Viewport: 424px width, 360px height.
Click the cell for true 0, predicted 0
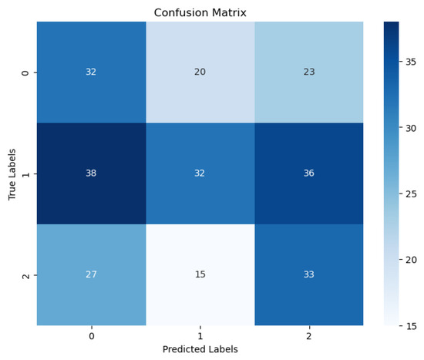coord(91,72)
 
